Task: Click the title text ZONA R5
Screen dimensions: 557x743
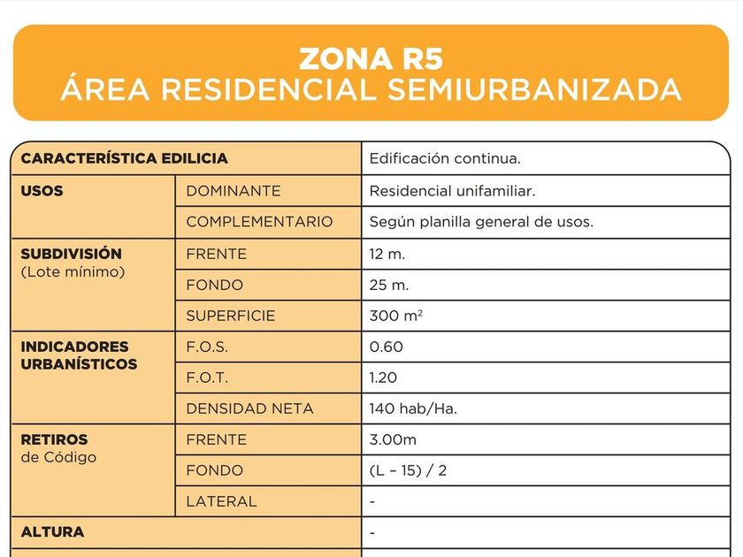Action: click(x=371, y=58)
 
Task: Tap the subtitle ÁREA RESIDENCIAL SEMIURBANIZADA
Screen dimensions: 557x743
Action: click(x=371, y=89)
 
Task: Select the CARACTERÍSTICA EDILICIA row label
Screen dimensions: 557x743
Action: click(x=124, y=159)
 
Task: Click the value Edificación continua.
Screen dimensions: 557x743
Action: click(x=444, y=159)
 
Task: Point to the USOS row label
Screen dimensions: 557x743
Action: click(x=42, y=190)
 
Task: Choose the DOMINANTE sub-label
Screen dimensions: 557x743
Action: click(x=233, y=191)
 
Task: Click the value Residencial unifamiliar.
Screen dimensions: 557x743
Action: click(x=452, y=191)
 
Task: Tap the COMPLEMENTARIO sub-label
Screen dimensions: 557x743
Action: click(x=259, y=222)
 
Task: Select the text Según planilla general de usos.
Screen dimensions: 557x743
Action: click(x=481, y=222)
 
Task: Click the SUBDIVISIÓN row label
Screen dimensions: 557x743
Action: click(x=71, y=254)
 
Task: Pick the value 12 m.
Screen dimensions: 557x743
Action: click(x=387, y=254)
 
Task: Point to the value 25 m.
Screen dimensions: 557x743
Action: click(x=388, y=285)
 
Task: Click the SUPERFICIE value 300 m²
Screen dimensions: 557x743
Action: click(x=395, y=316)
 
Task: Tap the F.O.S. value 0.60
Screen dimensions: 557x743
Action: click(x=386, y=347)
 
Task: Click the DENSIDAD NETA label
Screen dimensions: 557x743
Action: click(x=249, y=408)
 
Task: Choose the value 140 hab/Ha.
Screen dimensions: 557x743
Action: click(x=412, y=408)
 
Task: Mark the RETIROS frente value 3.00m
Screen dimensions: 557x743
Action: click(x=393, y=439)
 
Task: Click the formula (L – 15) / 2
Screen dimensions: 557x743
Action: click(x=408, y=470)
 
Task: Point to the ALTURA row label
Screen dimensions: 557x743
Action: click(x=52, y=532)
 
